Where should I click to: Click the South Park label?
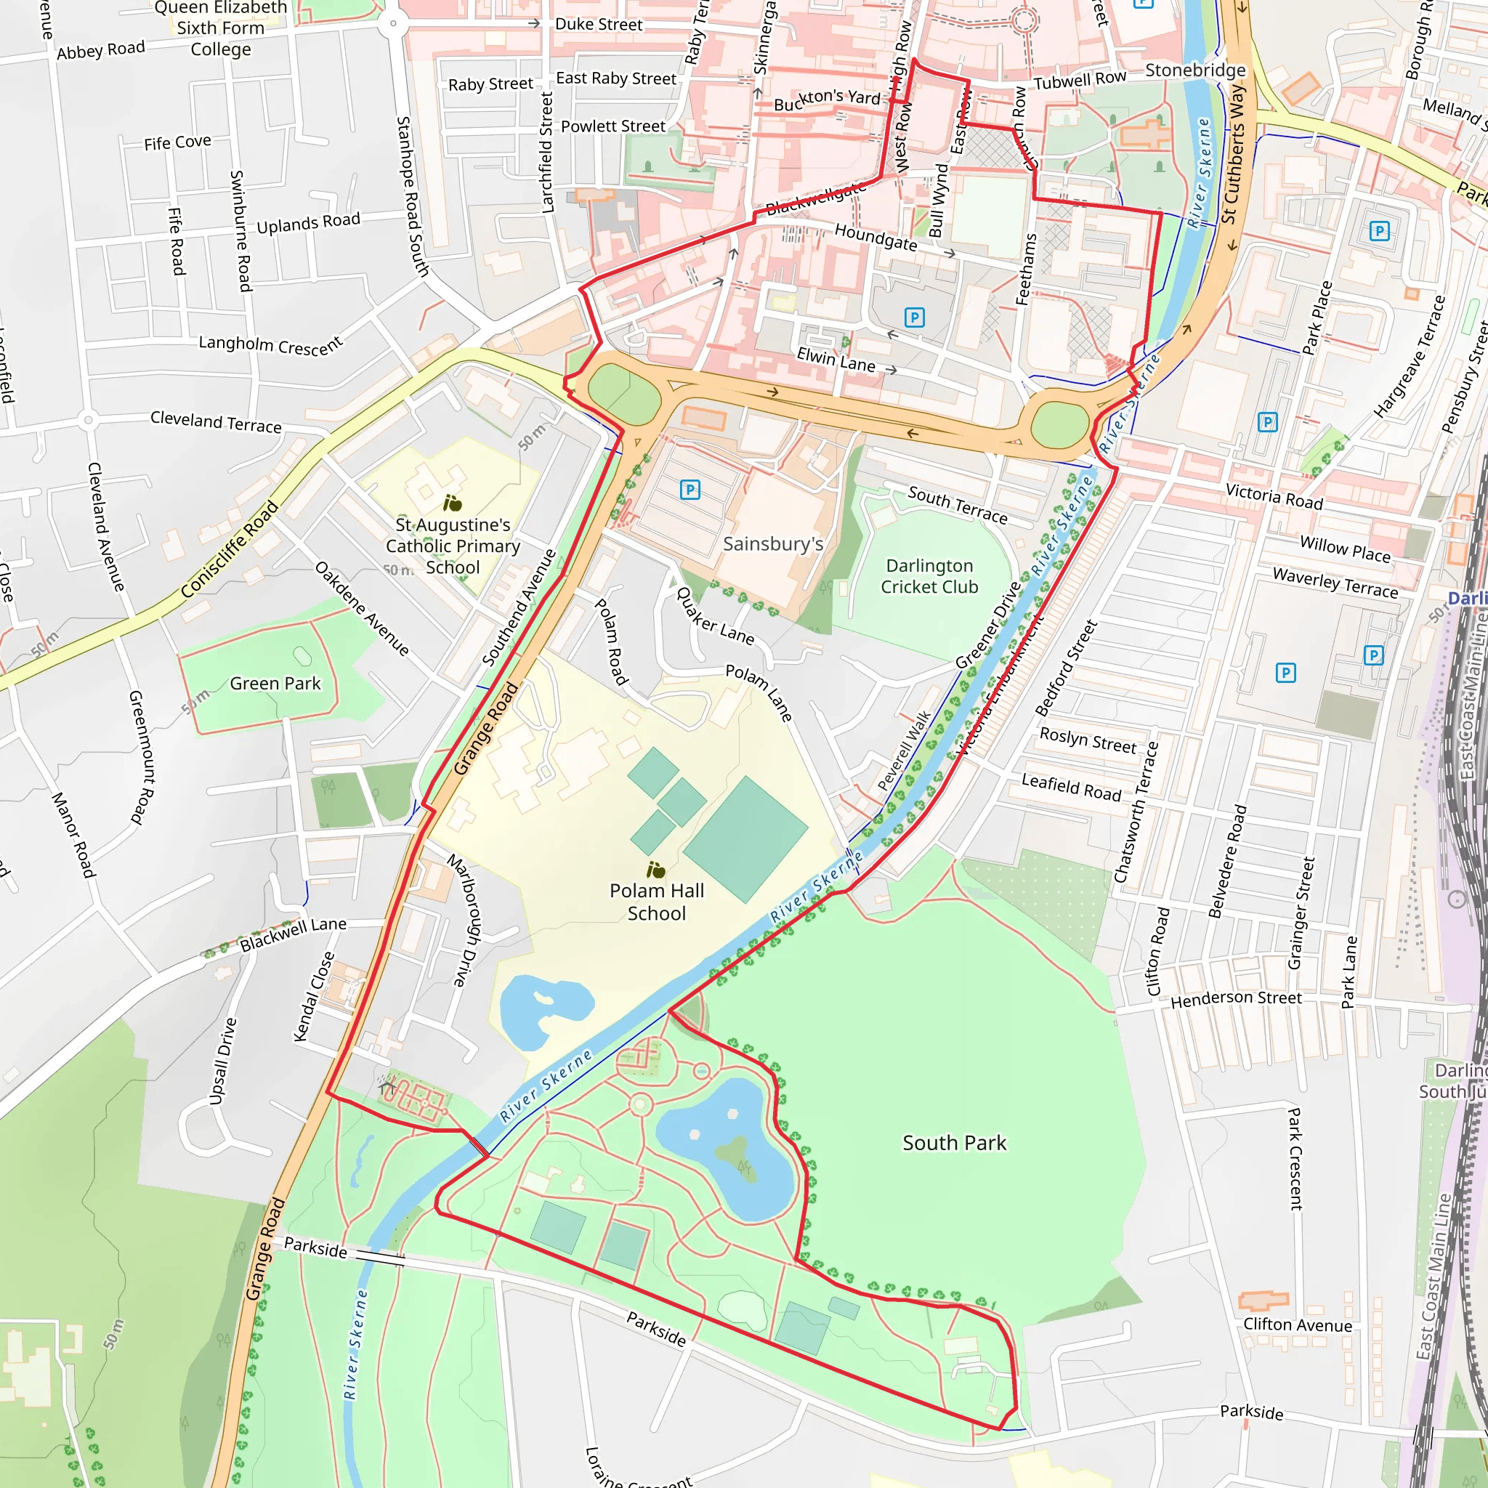(953, 1143)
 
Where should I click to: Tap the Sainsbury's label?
(772, 544)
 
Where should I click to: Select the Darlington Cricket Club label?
(929, 576)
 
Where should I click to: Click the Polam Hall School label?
(656, 902)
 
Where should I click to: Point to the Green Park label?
(275, 684)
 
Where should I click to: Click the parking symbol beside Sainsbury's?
(690, 490)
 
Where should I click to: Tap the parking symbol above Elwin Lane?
(914, 318)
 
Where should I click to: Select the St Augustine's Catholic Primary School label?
(453, 546)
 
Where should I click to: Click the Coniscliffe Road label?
(229, 549)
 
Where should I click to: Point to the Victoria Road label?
(1274, 497)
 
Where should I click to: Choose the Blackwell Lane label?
(293, 935)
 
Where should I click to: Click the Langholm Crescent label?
(270, 344)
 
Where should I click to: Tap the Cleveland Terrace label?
(216, 421)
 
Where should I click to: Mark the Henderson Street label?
(1236, 999)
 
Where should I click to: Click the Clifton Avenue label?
(1298, 1325)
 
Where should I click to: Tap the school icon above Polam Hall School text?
(655, 870)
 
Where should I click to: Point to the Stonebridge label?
(1194, 70)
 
